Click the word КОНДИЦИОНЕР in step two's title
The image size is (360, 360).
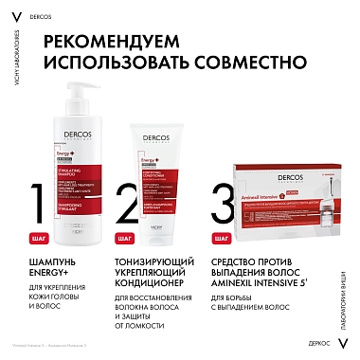point(162,288)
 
